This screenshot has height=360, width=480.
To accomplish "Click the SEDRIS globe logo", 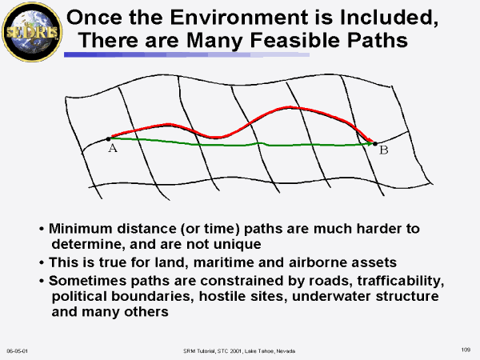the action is [x=32, y=33].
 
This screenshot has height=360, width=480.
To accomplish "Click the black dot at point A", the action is [x=108, y=139].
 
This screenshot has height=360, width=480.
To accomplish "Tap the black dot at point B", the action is [x=375, y=143].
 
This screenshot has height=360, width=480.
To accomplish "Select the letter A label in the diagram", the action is [x=113, y=148].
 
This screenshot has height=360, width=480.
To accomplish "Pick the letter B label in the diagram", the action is [x=384, y=150].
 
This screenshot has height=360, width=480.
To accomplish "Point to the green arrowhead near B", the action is [x=370, y=143].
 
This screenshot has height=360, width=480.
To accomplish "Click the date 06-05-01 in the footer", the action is [x=18, y=351].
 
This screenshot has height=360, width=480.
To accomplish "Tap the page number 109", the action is [x=466, y=350].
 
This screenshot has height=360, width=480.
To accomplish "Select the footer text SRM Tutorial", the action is [x=199, y=351].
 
